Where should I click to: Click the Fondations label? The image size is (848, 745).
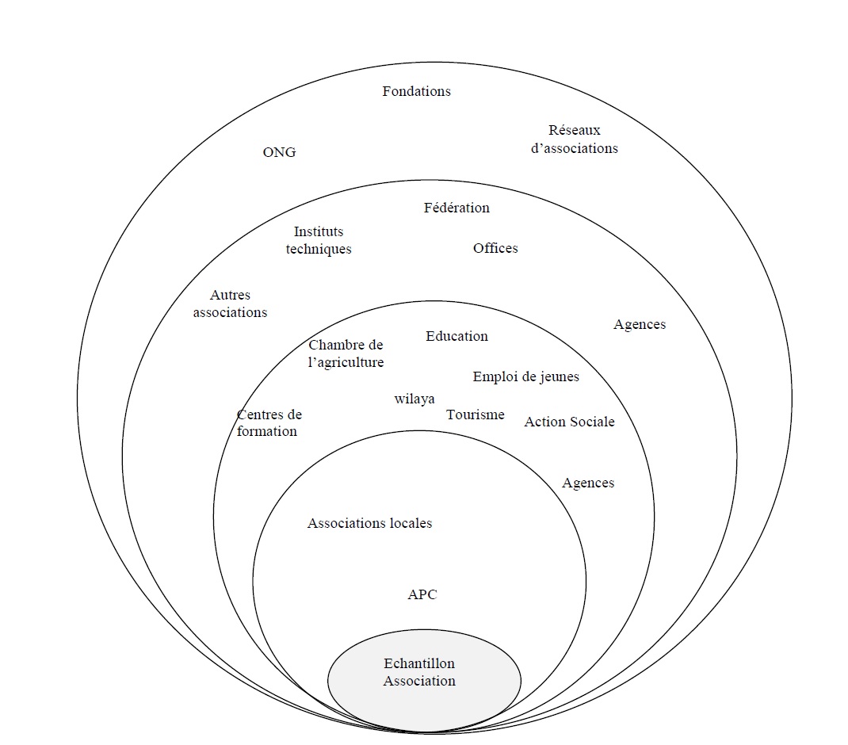[416, 91]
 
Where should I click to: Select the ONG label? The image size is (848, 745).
[279, 152]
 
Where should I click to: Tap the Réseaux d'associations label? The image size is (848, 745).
[575, 139]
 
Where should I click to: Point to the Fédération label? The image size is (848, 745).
[456, 208]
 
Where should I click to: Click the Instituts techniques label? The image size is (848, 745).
[319, 240]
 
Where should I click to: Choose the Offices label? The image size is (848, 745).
[495, 248]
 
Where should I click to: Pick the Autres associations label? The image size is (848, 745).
[230, 304]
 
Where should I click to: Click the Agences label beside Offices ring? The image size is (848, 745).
[640, 324]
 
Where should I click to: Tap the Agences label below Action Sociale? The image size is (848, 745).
[588, 483]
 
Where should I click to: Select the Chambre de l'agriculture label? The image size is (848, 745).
[346, 353]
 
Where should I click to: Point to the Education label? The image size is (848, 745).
[456, 336]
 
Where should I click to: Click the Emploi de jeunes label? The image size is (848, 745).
[525, 376]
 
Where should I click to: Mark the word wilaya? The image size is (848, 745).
[414, 399]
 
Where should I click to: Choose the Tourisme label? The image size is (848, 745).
[475, 415]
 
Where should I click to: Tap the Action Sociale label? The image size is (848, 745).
[569, 422]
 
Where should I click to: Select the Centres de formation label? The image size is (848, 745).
[268, 423]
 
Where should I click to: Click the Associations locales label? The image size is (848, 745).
[369, 523]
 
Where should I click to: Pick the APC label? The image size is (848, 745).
[422, 594]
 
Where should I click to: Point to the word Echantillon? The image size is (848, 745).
[419, 663]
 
